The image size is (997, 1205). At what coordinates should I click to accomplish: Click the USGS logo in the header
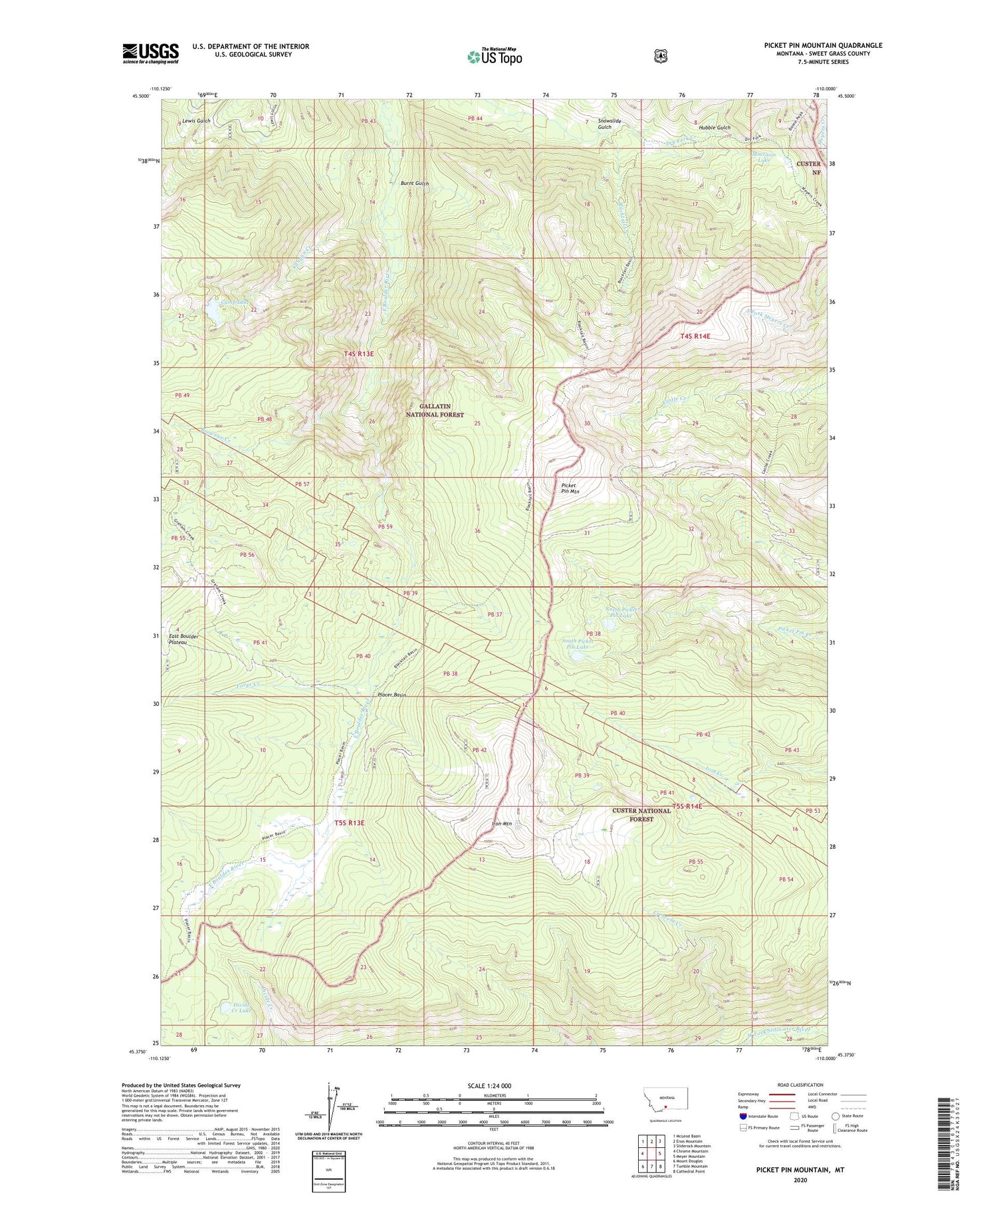151,53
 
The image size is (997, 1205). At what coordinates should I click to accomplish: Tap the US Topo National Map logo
495,56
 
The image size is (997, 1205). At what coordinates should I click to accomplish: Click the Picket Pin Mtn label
570,489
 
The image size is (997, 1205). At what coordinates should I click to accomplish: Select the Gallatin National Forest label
435,410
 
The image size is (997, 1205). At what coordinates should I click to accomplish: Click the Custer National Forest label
641,815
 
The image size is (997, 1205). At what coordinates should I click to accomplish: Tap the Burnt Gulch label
414,183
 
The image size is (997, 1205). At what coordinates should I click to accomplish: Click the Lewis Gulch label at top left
195,121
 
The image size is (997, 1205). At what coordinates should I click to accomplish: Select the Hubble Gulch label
714,128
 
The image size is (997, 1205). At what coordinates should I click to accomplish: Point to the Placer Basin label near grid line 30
391,695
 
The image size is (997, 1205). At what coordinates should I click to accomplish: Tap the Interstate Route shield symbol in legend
743,1116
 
